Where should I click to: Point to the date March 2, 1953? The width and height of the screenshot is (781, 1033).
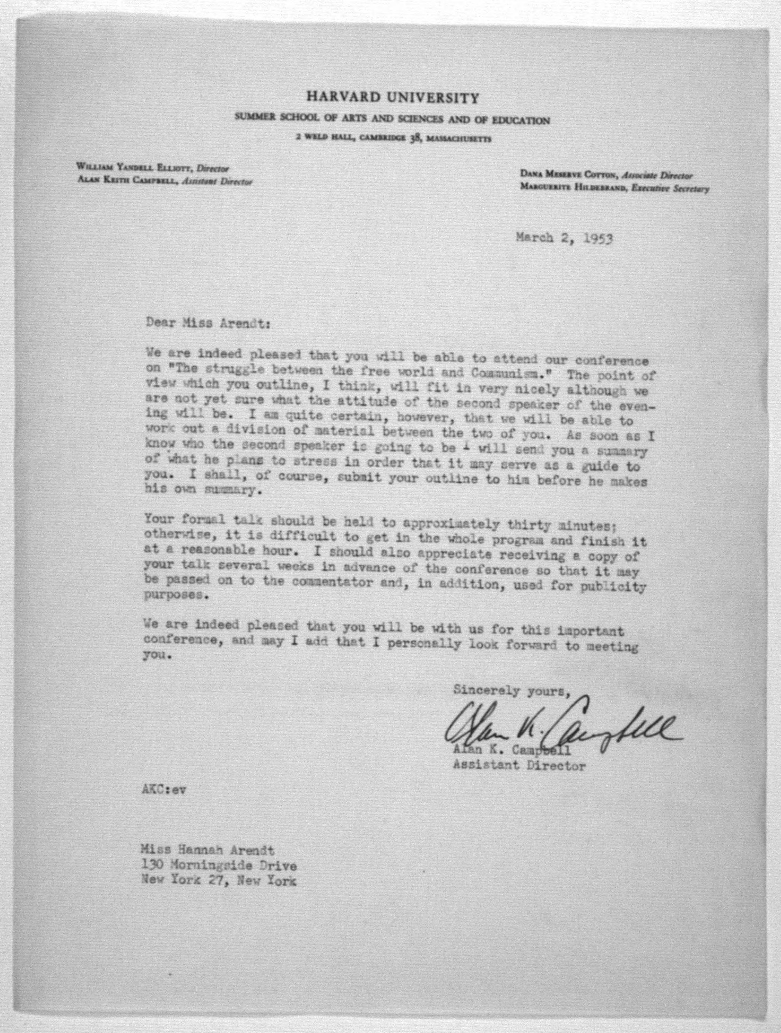564,238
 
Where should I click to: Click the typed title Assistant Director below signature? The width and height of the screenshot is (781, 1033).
519,765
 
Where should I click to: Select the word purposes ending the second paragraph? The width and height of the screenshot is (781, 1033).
174,596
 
